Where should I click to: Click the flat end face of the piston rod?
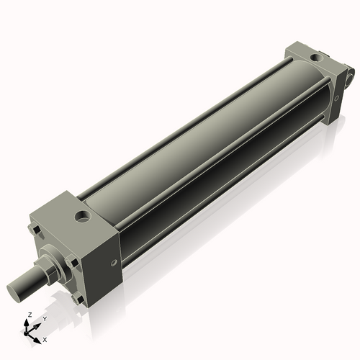coord(16,292)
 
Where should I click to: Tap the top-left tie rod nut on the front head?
coord(32,230)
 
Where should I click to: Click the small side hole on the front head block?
coord(114,263)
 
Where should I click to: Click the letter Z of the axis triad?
coord(29,315)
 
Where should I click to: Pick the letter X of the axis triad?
coord(45,338)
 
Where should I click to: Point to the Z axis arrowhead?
coord(29,322)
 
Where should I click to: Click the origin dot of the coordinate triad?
coord(30,332)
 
